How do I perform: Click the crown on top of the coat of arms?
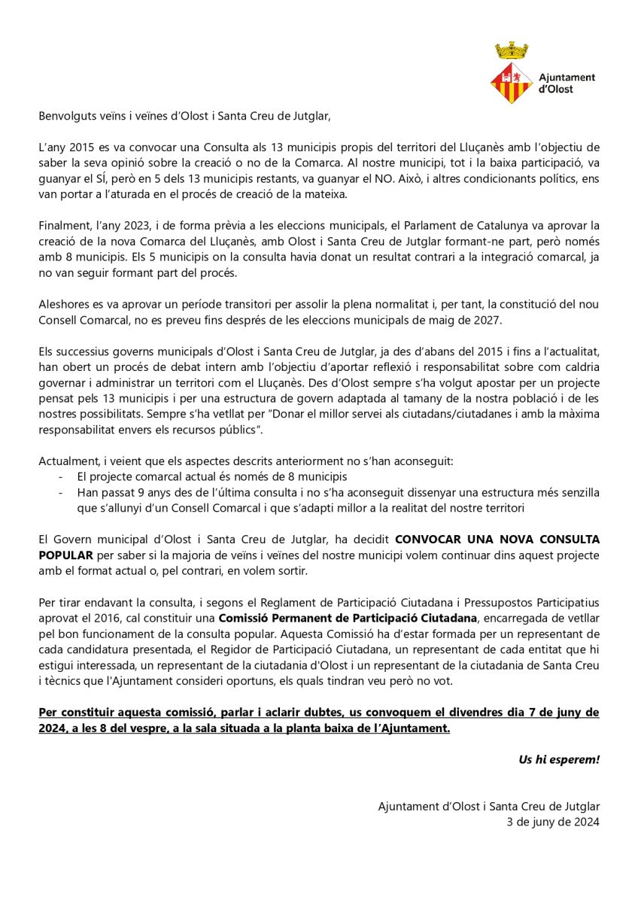click(512, 51)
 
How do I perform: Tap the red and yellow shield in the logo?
click(512, 84)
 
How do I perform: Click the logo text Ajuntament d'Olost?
click(567, 83)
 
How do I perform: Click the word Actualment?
click(67, 461)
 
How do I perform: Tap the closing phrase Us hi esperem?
click(559, 759)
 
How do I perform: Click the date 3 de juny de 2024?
click(554, 822)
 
